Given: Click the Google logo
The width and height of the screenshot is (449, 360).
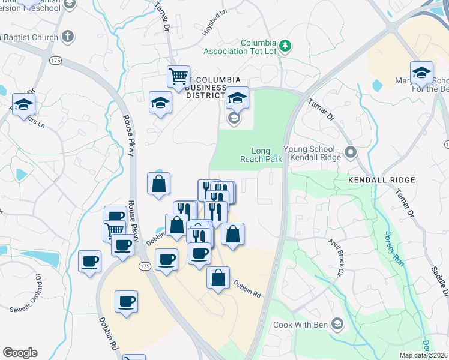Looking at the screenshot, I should (20, 353).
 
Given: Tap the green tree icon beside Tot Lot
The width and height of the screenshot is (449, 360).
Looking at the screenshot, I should (286, 45).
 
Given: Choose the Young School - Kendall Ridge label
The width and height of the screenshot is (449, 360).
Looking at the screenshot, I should (312, 153).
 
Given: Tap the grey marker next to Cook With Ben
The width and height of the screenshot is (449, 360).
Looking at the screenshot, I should (337, 325).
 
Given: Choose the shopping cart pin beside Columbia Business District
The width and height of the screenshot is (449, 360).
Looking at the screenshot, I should (178, 76).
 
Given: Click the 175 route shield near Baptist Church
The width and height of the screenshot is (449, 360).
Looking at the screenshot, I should (56, 61).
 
